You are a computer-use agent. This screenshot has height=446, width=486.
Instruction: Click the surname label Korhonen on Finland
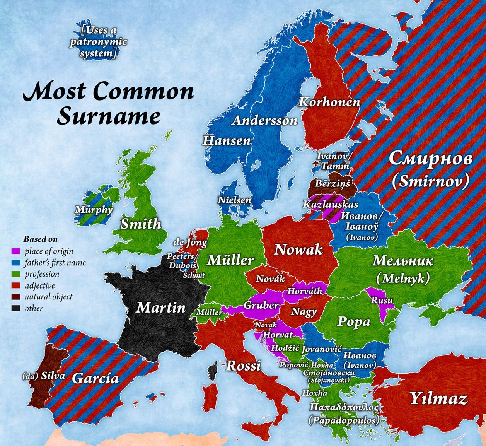[x=329, y=102]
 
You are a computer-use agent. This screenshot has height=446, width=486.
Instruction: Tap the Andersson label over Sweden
[x=265, y=121]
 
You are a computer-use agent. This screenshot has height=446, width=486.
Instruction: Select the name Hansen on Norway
[x=227, y=140]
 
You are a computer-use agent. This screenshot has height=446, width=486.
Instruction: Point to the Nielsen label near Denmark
[x=234, y=200]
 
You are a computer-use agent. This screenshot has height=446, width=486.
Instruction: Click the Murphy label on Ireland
[x=94, y=210]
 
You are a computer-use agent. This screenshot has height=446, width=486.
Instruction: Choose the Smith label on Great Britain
[x=141, y=224]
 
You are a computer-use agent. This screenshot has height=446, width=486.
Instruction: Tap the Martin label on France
[x=161, y=308]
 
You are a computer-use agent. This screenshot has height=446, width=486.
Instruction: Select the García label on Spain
[x=95, y=378]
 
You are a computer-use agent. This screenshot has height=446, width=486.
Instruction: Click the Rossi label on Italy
[x=243, y=365]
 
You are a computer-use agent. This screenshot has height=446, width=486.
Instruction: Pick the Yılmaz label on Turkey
[x=438, y=398]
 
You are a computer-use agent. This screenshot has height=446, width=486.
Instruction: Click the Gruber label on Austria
[x=261, y=305]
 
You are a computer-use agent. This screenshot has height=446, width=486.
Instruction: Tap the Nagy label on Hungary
[x=304, y=312]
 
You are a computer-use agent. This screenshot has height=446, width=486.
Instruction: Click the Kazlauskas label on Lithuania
[x=331, y=204]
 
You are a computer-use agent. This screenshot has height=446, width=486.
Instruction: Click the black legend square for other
[x=16, y=309]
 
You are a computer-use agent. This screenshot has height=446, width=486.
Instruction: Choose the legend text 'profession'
[x=42, y=274]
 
